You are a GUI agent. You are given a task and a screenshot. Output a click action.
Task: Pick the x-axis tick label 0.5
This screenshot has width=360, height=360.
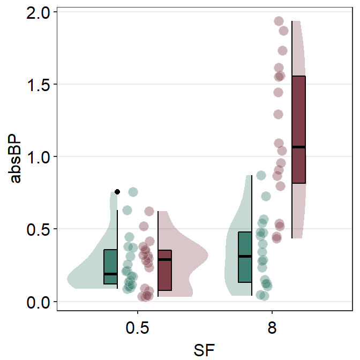click(x=138, y=328)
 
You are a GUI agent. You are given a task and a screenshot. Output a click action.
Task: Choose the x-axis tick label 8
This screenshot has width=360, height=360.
click(x=272, y=328)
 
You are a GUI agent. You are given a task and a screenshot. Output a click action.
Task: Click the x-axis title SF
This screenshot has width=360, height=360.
click(x=205, y=348)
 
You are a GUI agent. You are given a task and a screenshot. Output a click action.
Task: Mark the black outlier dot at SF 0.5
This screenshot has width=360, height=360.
click(x=117, y=192)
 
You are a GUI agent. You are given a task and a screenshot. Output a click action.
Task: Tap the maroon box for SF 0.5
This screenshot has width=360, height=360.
click(x=164, y=270)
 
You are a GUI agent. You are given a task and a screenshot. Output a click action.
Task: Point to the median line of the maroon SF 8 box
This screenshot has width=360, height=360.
click(x=298, y=147)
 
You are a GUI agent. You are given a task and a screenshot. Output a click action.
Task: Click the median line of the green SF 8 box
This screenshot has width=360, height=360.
click(x=245, y=256)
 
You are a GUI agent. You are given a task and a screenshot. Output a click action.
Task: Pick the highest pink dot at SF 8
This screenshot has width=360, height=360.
click(x=279, y=21)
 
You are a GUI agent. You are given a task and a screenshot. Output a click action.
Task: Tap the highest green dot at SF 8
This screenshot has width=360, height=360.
click(x=261, y=175)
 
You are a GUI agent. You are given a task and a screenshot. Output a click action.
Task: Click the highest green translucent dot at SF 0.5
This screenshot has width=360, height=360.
click(x=133, y=192)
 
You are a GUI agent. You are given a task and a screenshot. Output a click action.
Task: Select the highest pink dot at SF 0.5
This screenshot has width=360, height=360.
click(x=149, y=211)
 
